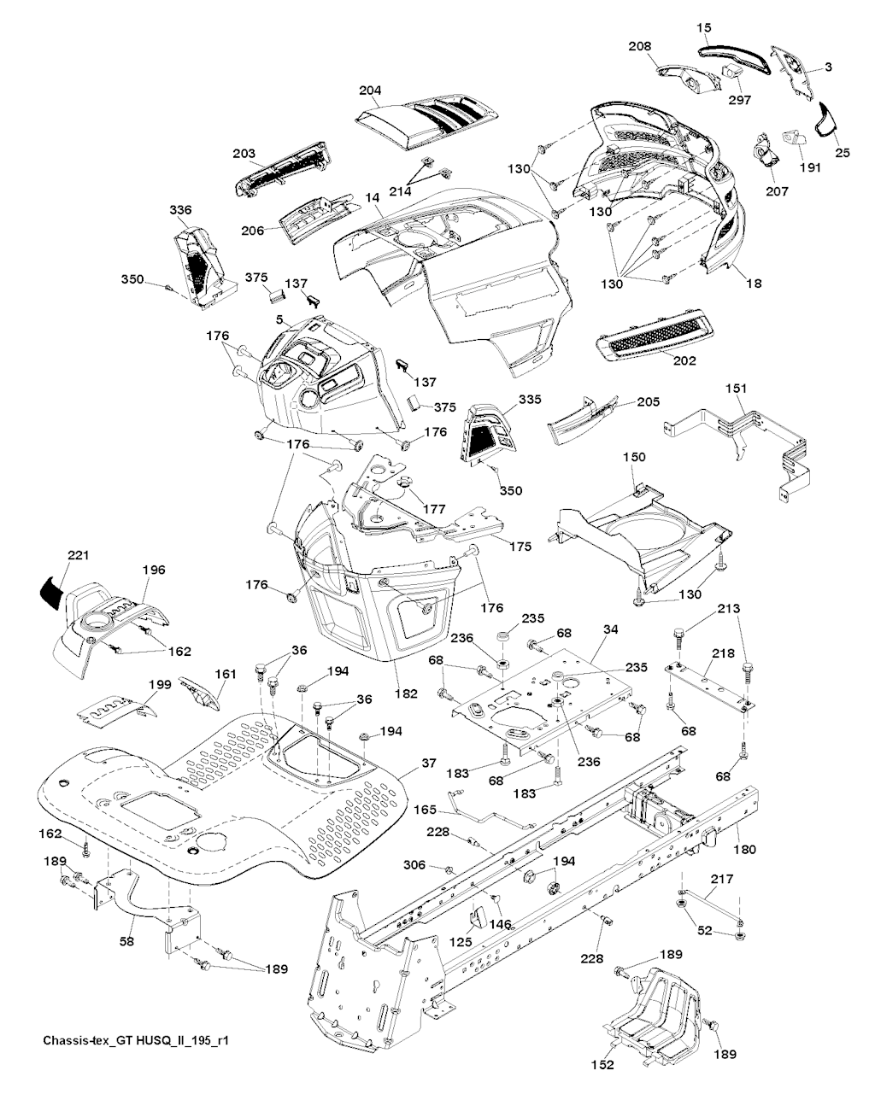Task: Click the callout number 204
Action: (370, 90)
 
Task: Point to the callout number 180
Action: (744, 850)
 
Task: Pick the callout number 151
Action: (735, 389)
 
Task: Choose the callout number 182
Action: (406, 694)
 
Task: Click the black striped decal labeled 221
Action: (50, 590)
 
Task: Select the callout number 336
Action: (180, 210)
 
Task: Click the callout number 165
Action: (426, 809)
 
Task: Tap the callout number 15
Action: (703, 29)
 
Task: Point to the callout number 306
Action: (414, 864)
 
